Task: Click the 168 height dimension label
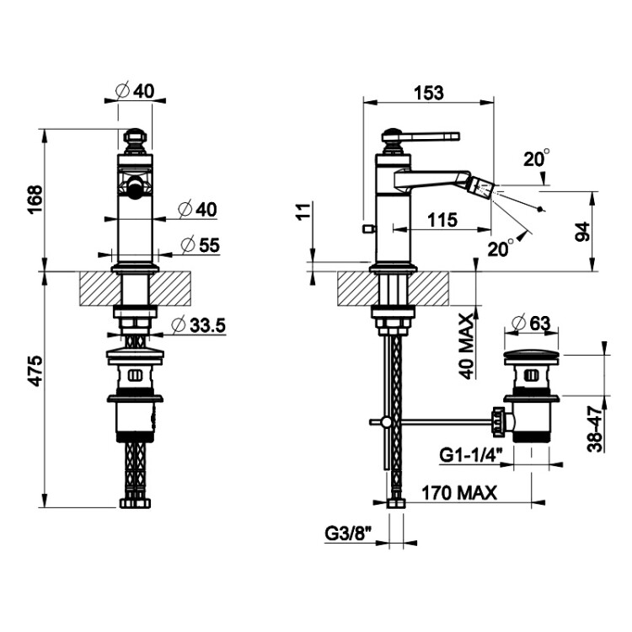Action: [35, 200]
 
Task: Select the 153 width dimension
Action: [428, 93]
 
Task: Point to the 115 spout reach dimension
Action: [442, 220]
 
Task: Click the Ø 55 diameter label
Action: [200, 245]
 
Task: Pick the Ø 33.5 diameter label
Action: [198, 325]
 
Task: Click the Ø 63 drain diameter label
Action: [530, 323]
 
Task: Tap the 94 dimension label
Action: [582, 232]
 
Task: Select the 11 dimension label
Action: [304, 211]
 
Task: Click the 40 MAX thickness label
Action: [468, 346]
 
